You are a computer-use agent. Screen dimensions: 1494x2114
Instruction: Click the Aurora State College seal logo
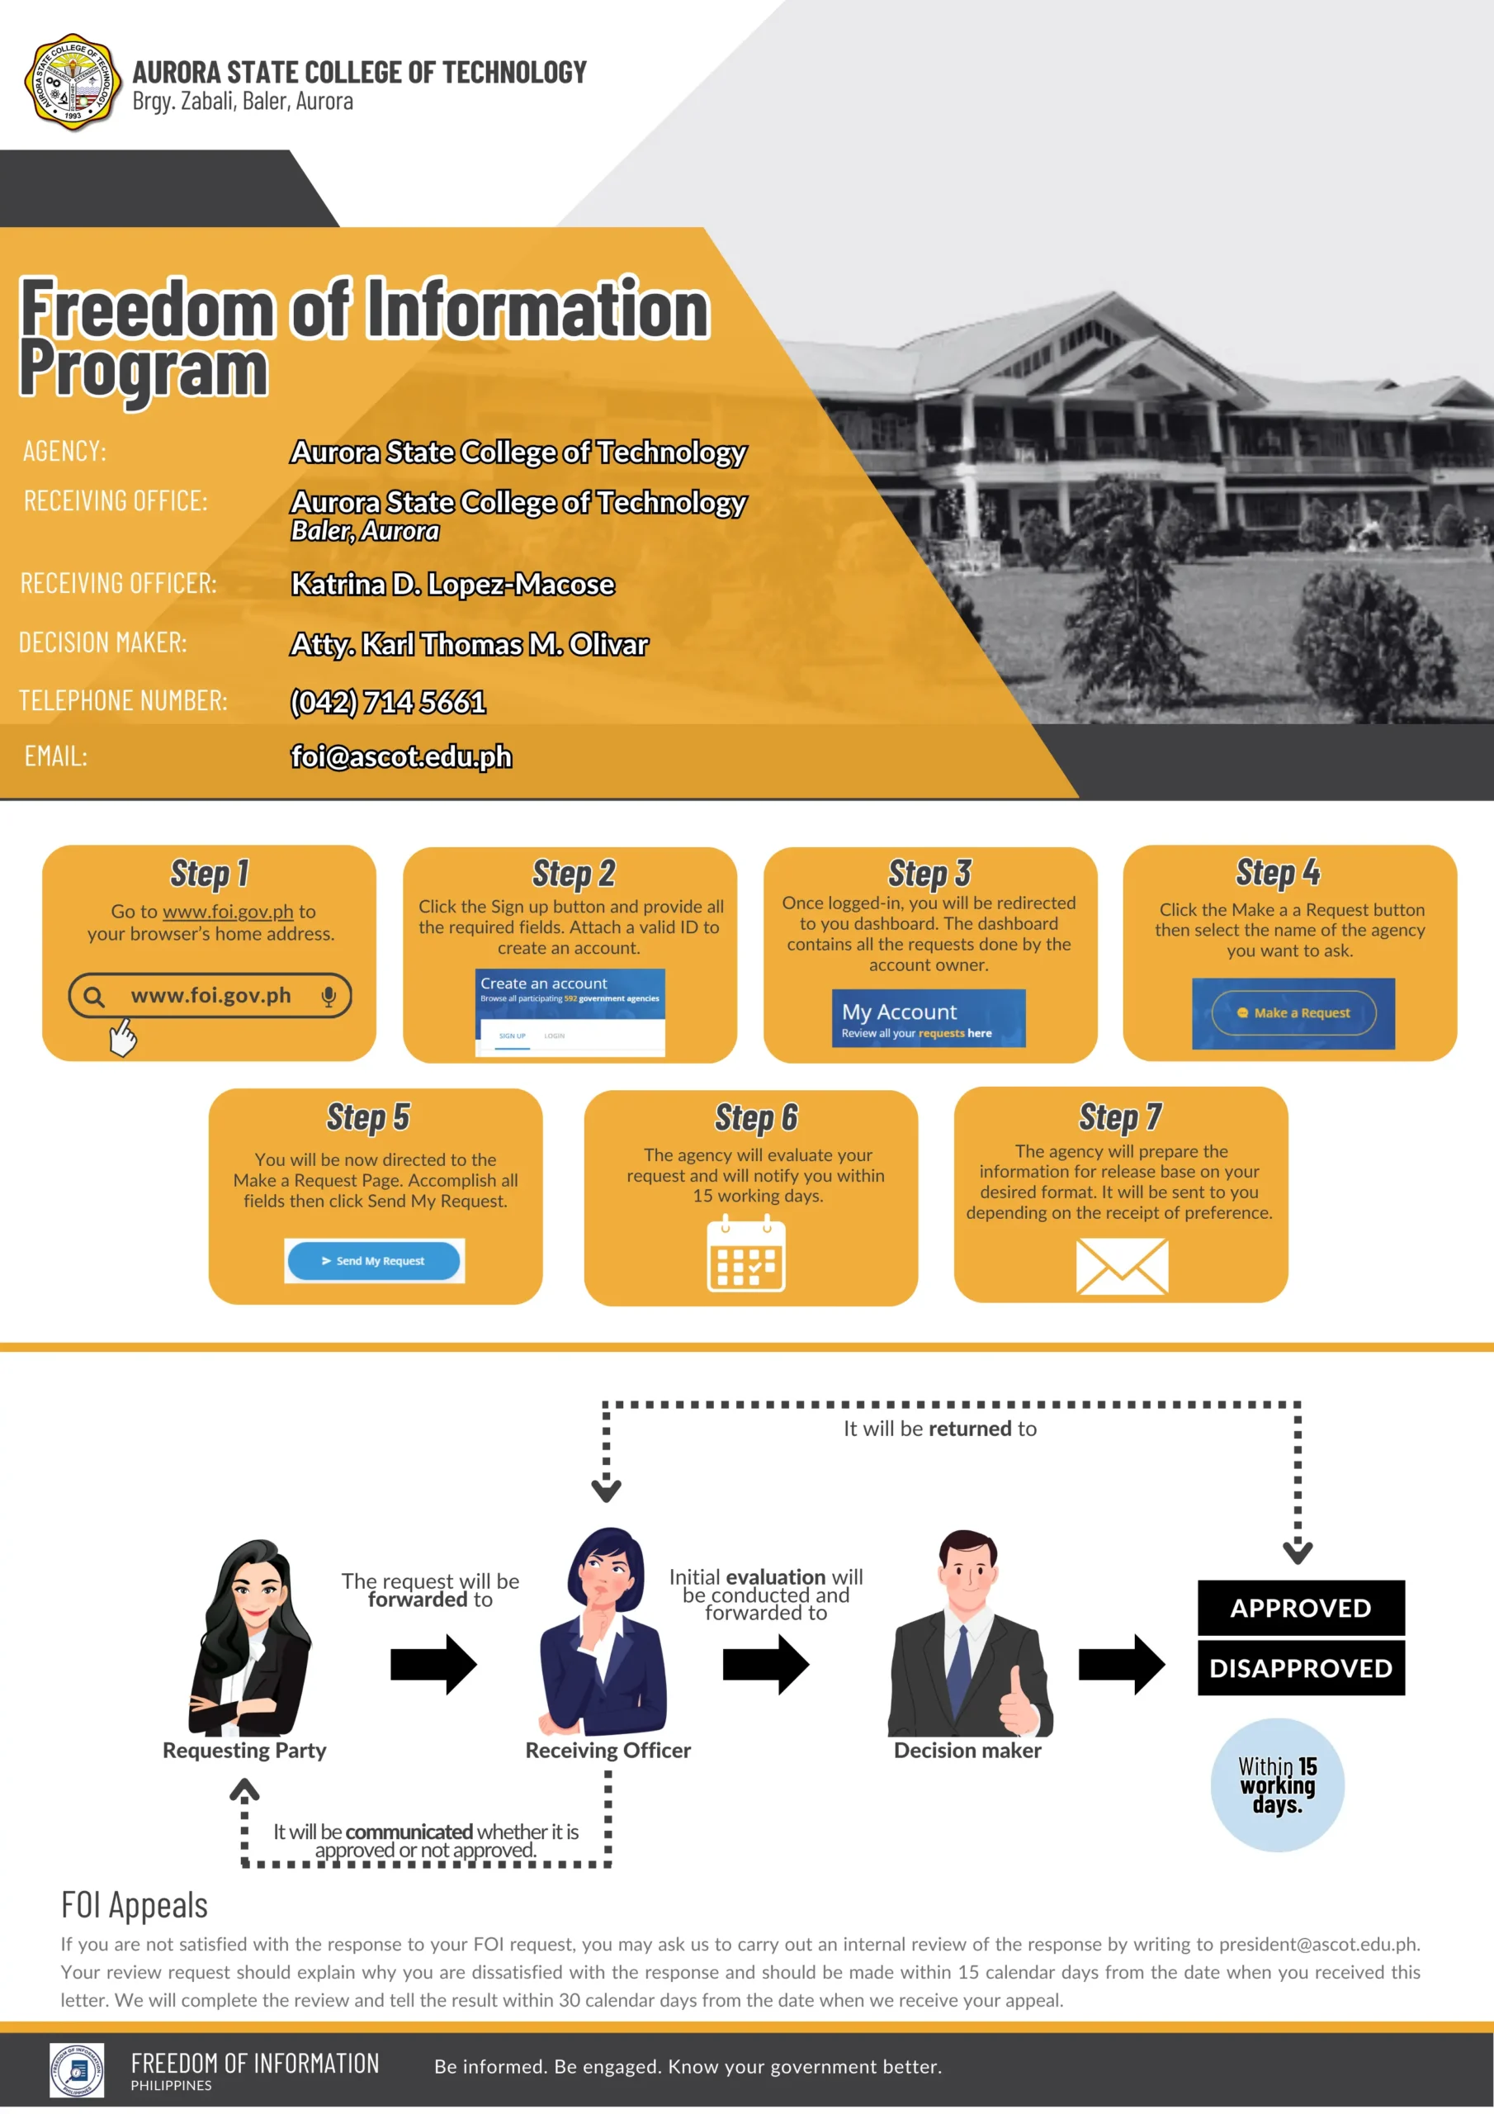coord(73,83)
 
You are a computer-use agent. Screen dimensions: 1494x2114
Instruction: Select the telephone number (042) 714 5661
coord(388,702)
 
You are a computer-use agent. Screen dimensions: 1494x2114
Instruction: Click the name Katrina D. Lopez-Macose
coord(453,584)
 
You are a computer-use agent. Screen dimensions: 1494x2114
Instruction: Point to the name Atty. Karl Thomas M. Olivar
coord(470,643)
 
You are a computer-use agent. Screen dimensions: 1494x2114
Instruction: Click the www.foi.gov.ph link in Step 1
coord(229,912)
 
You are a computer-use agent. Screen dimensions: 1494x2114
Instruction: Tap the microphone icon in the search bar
coord(329,996)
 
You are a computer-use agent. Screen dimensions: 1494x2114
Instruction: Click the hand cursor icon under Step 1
coord(122,1036)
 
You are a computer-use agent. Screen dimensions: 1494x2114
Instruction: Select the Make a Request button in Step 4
coord(1293,1012)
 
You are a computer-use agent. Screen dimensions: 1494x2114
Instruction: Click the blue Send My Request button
coord(374,1260)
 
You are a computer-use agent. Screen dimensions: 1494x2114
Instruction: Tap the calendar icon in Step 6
coord(745,1254)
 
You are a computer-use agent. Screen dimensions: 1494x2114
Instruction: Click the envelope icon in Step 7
coord(1122,1267)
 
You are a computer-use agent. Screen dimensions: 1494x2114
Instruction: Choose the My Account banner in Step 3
coord(928,1018)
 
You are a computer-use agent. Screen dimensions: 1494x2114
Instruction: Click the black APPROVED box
coord(1301,1608)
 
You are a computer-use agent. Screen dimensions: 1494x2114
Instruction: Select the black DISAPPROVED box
coord(1301,1667)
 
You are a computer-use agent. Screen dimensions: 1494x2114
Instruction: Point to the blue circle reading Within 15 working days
coord(1277,1785)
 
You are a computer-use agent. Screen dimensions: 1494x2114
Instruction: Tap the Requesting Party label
coord(244,1751)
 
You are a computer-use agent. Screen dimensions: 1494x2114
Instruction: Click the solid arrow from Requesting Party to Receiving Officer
coord(433,1665)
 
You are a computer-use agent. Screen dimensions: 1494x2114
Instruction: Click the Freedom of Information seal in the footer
coord(78,2069)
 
